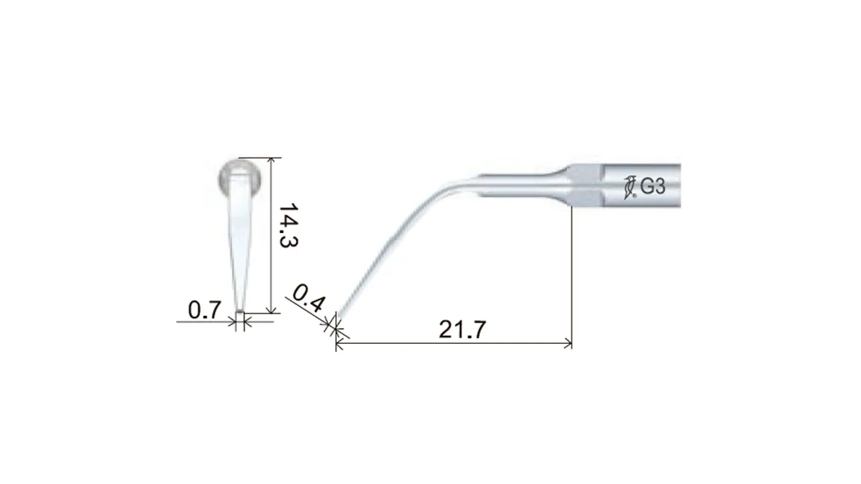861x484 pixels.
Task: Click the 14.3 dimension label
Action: pyautogui.click(x=288, y=226)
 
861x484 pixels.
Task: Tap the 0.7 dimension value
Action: pyautogui.click(x=204, y=310)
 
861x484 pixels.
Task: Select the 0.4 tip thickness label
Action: pyautogui.click(x=309, y=299)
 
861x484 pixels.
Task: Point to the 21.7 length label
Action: pyautogui.click(x=462, y=330)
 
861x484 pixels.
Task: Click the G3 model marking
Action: pyautogui.click(x=653, y=187)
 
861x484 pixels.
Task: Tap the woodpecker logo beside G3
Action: pyautogui.click(x=630, y=187)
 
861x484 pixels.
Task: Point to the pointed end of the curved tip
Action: pyautogui.click(x=337, y=318)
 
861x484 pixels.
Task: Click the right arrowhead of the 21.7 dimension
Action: pyautogui.click(x=567, y=344)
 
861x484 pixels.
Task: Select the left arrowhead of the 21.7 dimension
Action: pyautogui.click(x=340, y=344)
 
